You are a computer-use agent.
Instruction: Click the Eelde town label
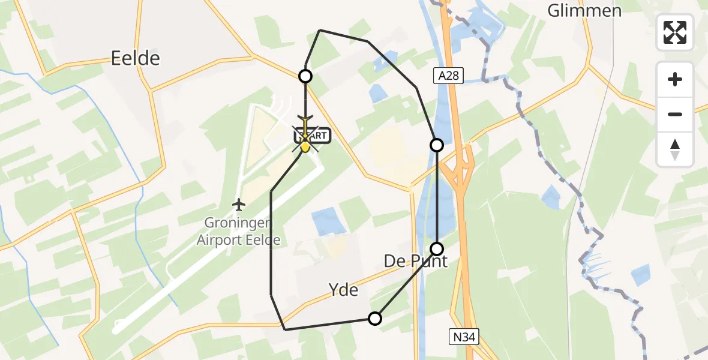point(136,58)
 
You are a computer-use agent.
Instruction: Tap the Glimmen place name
point(584,10)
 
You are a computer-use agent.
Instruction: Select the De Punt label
point(416,262)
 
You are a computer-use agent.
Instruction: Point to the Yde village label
point(344,290)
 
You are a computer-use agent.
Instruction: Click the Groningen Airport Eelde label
point(239,232)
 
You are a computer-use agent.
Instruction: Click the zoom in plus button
point(675,79)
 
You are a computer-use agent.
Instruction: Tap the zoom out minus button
point(675,114)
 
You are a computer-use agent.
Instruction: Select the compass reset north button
point(675,149)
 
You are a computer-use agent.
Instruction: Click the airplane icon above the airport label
point(239,205)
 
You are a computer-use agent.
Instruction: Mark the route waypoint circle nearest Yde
point(375,319)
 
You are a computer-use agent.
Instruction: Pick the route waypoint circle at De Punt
point(437,248)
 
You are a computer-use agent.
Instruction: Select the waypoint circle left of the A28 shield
point(437,145)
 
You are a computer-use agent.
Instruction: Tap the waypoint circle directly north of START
point(305,76)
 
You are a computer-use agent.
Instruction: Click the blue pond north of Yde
point(329,221)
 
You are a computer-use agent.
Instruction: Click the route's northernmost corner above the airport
point(320,30)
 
